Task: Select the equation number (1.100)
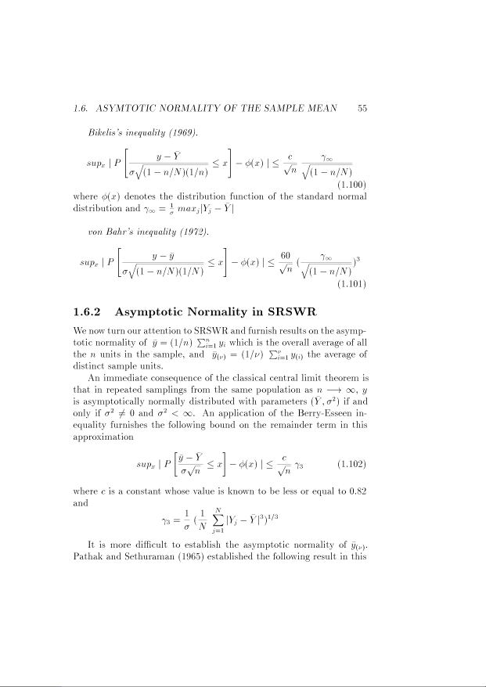point(351,185)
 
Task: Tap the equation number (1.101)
point(351,285)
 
